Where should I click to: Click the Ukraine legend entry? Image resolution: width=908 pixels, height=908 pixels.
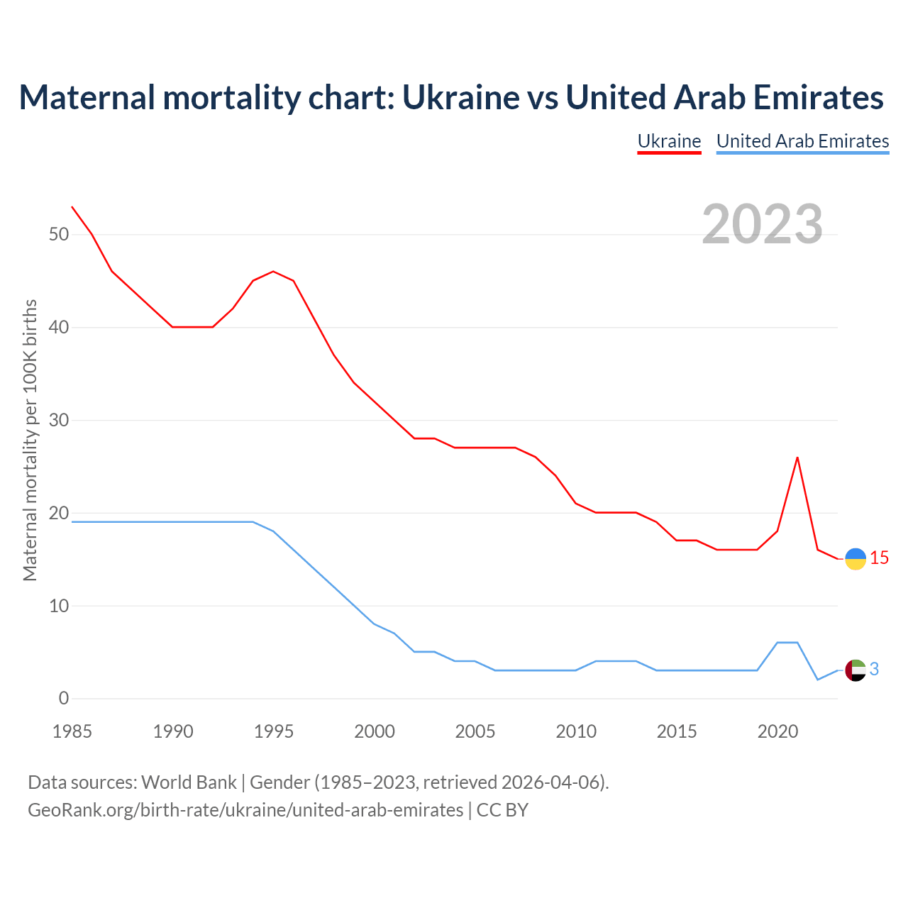(x=669, y=141)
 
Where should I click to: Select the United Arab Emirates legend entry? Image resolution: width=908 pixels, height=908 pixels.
(x=802, y=141)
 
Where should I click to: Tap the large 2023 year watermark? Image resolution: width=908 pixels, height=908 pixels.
(x=762, y=224)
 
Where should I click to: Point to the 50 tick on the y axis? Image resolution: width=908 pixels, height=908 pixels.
(x=59, y=235)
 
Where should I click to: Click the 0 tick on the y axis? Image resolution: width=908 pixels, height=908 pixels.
(x=64, y=699)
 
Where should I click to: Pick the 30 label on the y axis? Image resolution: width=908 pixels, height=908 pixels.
(x=59, y=421)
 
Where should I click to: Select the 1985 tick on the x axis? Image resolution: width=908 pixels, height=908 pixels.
(x=72, y=731)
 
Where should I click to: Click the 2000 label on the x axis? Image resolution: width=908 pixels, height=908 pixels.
(x=375, y=731)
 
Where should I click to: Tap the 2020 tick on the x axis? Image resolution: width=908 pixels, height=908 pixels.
(x=777, y=731)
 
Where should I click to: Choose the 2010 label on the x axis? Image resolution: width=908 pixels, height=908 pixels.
(x=576, y=731)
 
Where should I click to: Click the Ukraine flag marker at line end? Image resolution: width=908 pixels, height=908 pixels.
(x=856, y=559)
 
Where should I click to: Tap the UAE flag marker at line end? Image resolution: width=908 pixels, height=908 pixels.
(x=856, y=670)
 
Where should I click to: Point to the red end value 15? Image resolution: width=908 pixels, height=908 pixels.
(x=880, y=558)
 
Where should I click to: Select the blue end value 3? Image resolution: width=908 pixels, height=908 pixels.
(x=874, y=669)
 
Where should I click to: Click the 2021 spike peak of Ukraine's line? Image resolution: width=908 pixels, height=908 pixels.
(x=797, y=458)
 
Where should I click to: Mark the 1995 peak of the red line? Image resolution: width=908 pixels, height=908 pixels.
(x=273, y=272)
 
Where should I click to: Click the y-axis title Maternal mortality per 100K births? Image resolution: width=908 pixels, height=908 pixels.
(x=30, y=440)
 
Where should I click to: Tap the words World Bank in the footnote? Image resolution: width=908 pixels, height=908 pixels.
(x=189, y=782)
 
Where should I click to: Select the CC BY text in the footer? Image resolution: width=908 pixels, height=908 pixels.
(x=502, y=810)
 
